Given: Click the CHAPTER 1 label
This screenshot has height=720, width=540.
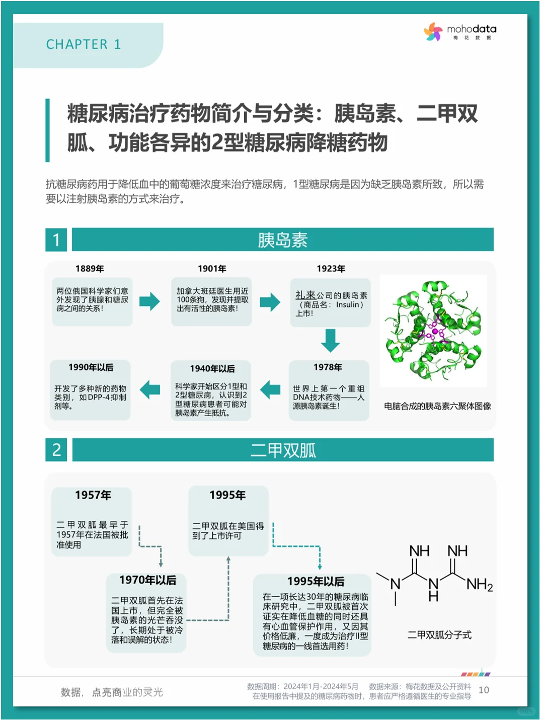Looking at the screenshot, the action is [x=84, y=44].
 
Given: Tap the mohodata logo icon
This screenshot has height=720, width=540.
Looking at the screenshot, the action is [x=433, y=32].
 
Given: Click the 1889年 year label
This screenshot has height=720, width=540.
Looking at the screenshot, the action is [x=90, y=269].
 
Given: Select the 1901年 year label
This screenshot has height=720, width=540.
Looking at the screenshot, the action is [x=212, y=269].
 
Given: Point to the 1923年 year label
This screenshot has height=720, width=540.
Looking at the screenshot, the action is [x=331, y=269].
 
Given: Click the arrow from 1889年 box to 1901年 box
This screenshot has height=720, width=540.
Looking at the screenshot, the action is [x=149, y=301].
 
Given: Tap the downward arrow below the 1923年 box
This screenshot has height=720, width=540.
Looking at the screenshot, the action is [x=331, y=341].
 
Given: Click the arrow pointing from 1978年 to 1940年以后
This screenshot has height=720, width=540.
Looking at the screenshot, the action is [x=270, y=389].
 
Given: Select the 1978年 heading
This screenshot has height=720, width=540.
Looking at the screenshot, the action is [x=328, y=367].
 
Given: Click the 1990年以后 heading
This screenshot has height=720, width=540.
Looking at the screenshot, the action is [x=91, y=367].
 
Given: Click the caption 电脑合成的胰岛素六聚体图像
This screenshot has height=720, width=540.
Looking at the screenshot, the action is [x=437, y=406].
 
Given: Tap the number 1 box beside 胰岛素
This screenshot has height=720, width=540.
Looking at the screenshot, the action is [x=56, y=239].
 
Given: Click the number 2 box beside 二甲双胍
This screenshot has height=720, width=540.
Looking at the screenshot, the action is [x=56, y=449].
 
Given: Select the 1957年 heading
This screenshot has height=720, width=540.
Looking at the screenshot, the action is [x=93, y=495].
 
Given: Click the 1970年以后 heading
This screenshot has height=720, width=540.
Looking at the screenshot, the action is [x=148, y=580].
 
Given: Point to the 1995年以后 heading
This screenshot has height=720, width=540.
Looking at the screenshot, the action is [x=316, y=582].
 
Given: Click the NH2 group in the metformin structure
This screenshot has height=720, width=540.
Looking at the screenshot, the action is [x=480, y=585].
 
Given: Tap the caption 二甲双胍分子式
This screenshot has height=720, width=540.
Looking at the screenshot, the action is [x=439, y=635].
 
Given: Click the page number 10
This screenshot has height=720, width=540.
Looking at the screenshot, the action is [x=484, y=690].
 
